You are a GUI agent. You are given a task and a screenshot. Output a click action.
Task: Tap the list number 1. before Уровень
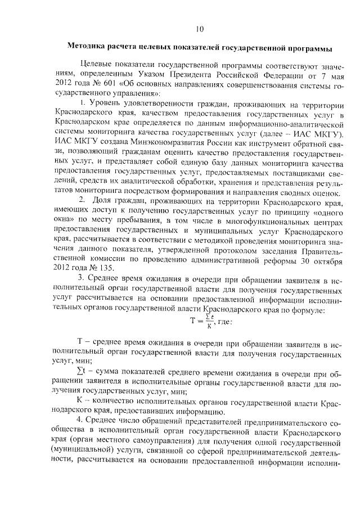(82, 103)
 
